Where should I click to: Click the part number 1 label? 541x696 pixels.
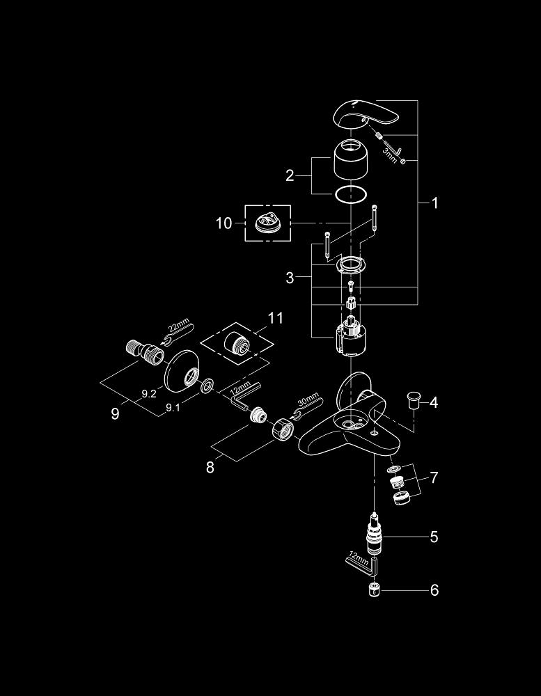(x=434, y=203)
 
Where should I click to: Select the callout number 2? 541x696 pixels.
(x=290, y=175)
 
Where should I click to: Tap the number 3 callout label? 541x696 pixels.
(x=290, y=278)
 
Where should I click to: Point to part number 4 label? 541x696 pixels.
(x=434, y=402)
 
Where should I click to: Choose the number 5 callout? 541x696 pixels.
(x=434, y=537)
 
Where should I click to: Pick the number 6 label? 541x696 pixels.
(x=434, y=590)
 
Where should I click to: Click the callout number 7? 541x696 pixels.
(x=434, y=477)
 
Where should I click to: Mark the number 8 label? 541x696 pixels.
(x=210, y=468)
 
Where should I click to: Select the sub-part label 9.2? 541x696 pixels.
(x=148, y=394)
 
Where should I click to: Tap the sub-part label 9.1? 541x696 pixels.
(x=172, y=409)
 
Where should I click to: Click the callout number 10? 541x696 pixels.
(x=224, y=223)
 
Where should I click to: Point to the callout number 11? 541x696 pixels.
(x=276, y=318)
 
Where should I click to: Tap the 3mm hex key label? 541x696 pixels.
(x=390, y=158)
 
